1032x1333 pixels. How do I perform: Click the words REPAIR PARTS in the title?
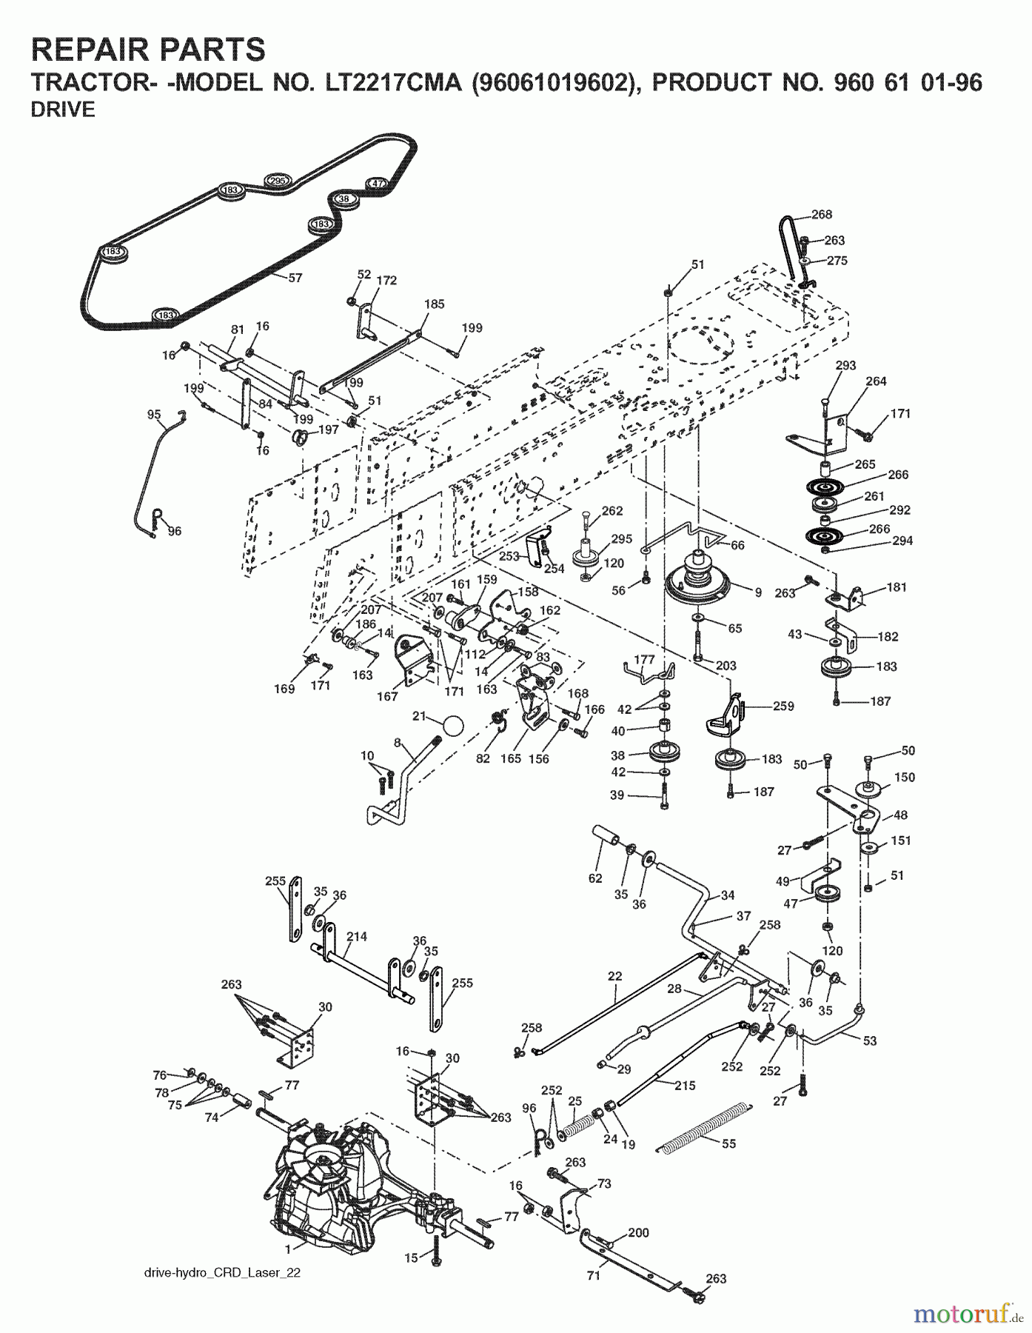148,49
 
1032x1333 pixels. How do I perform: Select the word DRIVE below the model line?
63,110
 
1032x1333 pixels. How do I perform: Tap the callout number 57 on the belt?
295,278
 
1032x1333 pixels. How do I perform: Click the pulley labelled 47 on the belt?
377,184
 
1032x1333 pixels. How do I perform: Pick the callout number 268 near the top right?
822,214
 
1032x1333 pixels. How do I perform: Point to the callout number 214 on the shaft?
356,937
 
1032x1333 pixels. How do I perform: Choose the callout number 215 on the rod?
685,1085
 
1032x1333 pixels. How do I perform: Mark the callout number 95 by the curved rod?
154,415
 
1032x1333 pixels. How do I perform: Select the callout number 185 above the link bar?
434,304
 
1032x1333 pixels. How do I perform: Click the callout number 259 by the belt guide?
783,706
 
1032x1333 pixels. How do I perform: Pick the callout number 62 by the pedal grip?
595,878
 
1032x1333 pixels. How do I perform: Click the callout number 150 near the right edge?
904,778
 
